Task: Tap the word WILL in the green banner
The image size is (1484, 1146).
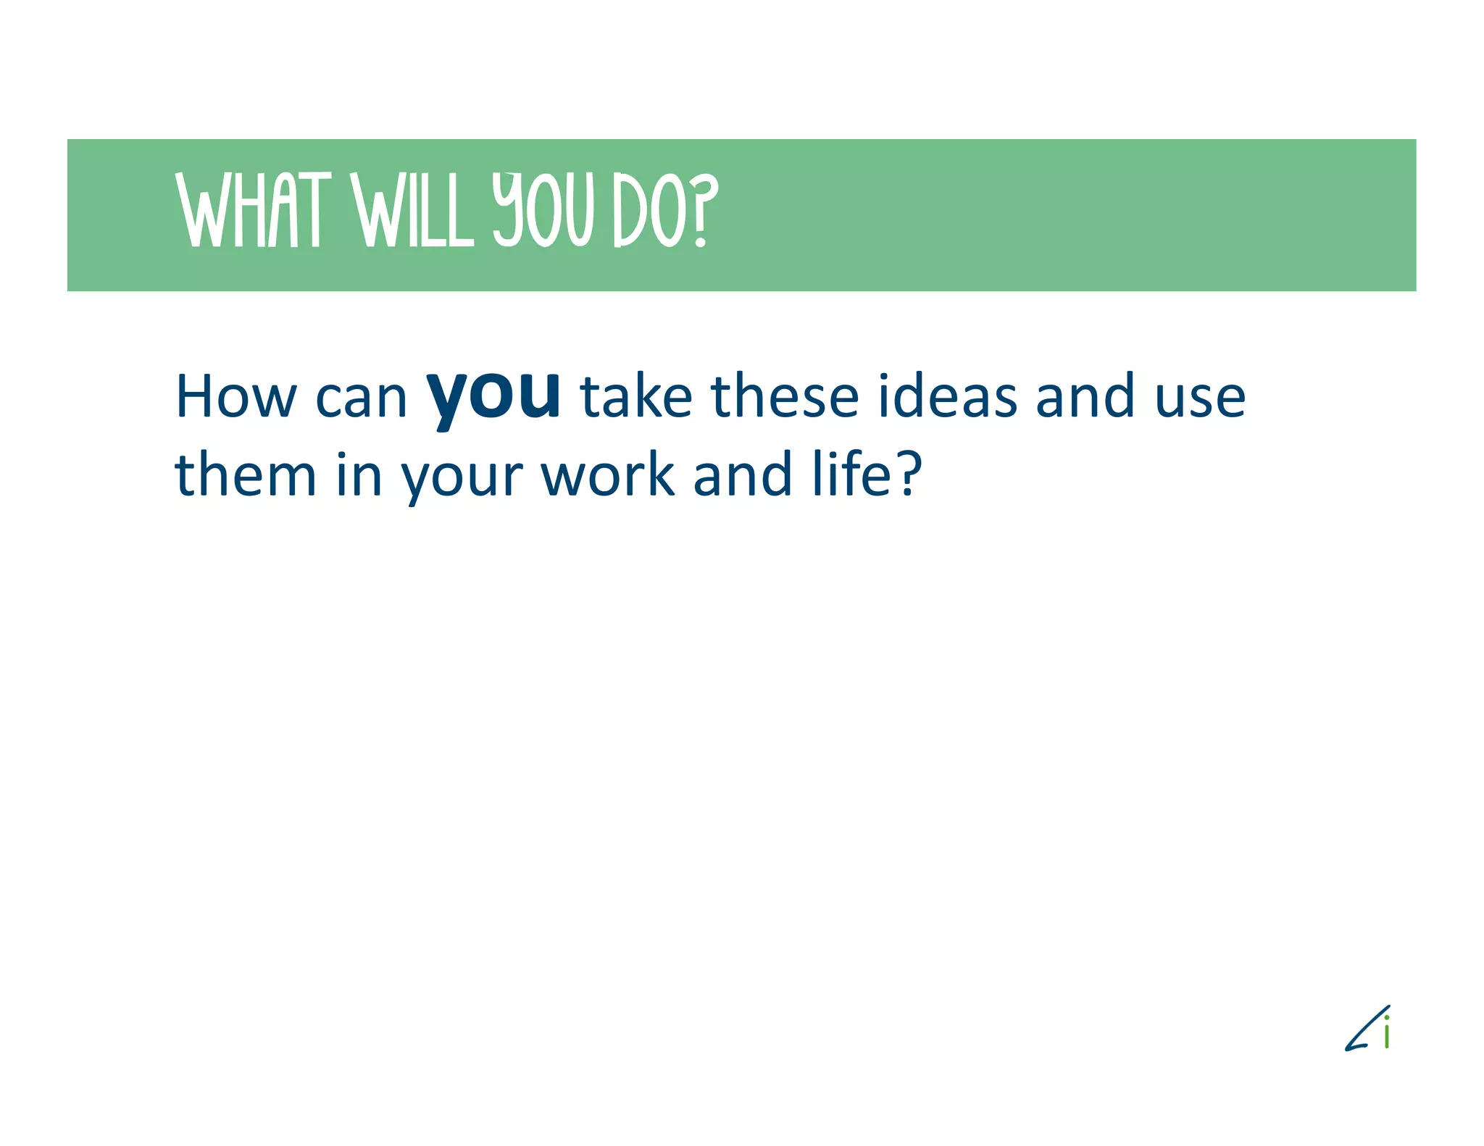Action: pos(412,210)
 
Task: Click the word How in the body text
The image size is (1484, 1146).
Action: pos(236,397)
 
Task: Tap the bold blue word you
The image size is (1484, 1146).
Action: pos(493,395)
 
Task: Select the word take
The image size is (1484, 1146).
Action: pos(636,397)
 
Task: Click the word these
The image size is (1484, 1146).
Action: pos(785,397)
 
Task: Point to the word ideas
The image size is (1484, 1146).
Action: pos(947,397)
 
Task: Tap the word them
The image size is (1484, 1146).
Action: pos(246,474)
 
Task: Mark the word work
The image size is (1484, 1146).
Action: pos(608,474)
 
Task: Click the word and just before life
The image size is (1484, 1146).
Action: pos(742,474)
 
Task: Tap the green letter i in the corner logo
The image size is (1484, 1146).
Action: pos(1386,1032)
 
